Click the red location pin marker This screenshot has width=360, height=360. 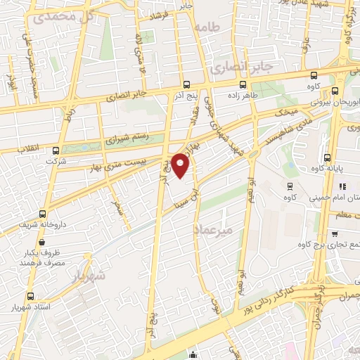[x=181, y=165]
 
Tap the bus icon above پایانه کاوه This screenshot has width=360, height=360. [x=327, y=157]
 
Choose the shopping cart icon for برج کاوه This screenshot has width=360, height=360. [x=335, y=234]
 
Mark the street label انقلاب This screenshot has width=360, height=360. [x=27, y=148]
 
